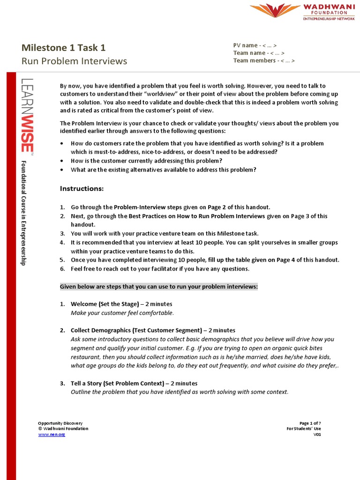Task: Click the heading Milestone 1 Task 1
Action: pos(64,47)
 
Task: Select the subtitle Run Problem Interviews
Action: pos(74,61)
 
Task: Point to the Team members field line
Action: pos(264,60)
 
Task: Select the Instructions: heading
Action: pos(82,188)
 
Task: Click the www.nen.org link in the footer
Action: pos(52,435)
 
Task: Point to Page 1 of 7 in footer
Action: pos(310,423)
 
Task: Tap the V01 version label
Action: pos(317,435)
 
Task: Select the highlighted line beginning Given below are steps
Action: pos(159,287)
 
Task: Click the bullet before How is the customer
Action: pos(62,161)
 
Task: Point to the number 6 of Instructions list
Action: pos(62,269)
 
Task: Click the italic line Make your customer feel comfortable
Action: pos(122,313)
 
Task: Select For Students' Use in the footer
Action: pos(304,428)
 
